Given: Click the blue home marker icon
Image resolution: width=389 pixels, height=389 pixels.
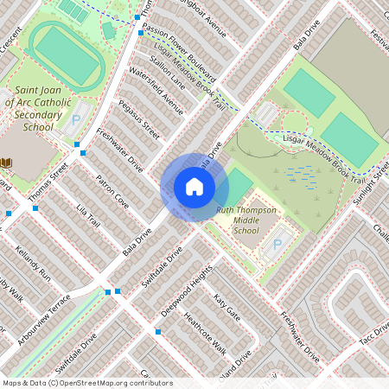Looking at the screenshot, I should (194, 187).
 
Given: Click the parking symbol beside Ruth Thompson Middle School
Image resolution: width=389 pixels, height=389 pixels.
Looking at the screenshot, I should (277, 246).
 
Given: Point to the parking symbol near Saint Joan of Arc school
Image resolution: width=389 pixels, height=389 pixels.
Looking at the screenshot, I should (75, 122).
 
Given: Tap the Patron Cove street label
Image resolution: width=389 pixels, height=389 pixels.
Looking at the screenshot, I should (112, 192).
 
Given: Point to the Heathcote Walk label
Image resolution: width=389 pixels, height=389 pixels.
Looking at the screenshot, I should (206, 333).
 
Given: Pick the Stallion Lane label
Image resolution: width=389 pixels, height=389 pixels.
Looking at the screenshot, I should (168, 73).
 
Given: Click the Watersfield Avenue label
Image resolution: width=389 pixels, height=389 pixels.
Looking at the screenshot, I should (155, 91).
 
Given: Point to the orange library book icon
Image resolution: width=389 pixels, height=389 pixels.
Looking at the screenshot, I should (7, 163).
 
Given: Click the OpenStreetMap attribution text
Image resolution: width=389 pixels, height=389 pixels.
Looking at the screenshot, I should (87, 383).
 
